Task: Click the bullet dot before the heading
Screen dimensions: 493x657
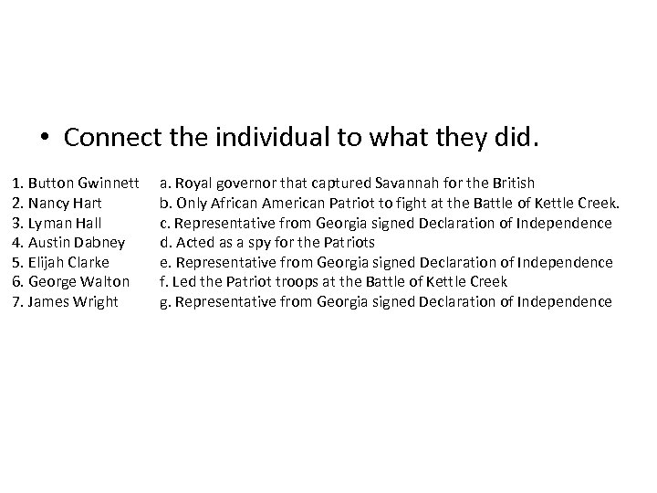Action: point(45,140)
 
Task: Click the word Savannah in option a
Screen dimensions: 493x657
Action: point(426,184)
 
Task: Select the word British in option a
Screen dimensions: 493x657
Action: point(514,184)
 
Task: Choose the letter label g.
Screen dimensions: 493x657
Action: point(164,302)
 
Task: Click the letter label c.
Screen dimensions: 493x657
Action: point(164,223)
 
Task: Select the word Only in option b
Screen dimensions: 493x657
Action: point(192,203)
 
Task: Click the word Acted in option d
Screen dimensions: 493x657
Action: point(193,242)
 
